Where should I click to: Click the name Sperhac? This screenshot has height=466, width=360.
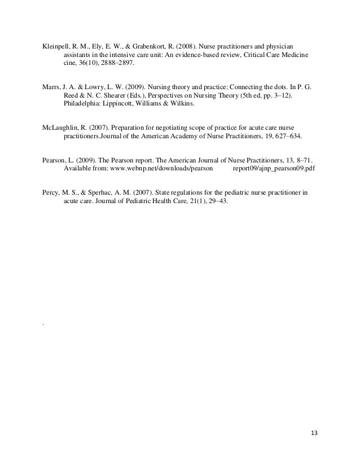(106, 192)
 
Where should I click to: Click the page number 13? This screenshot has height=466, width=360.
(314, 433)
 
